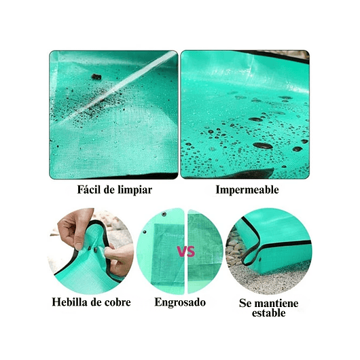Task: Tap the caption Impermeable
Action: (x=247, y=190)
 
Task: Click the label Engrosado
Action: (x=179, y=302)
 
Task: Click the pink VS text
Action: (x=185, y=252)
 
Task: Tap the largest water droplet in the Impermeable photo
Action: (x=262, y=145)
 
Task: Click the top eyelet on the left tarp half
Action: (x=164, y=215)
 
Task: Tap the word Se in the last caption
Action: (x=246, y=303)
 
